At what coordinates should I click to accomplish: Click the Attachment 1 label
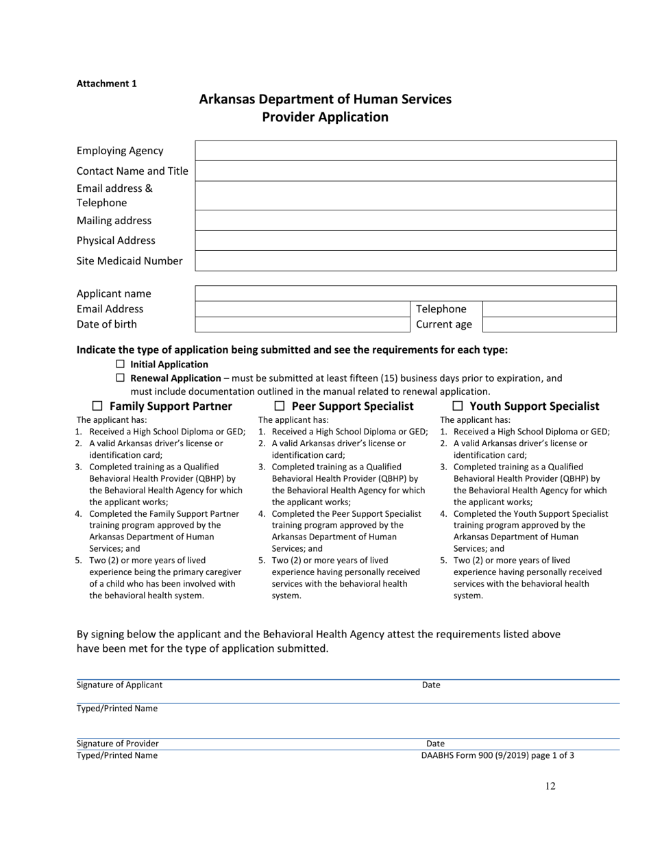pyautogui.click(x=106, y=84)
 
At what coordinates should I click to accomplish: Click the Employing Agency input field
pyautogui.click(x=406, y=151)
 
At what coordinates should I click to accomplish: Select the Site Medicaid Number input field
pyautogui.click(x=406, y=261)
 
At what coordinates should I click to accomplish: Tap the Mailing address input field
pyautogui.click(x=406, y=221)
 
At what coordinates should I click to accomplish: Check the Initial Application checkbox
pyautogui.click(x=121, y=364)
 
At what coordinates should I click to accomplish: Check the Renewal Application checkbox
pyautogui.click(x=121, y=378)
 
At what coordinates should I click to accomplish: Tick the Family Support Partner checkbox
pyautogui.click(x=97, y=406)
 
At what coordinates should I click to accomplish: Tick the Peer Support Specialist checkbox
pyautogui.click(x=279, y=406)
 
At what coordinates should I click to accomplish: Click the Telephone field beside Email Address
pyautogui.click(x=550, y=309)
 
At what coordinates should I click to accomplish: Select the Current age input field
pyautogui.click(x=550, y=324)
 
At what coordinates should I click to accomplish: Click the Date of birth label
pyautogui.click(x=106, y=324)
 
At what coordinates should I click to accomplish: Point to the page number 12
pyautogui.click(x=550, y=786)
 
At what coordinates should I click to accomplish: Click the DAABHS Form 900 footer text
pyautogui.click(x=498, y=755)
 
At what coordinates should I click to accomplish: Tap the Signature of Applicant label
pyautogui.click(x=119, y=685)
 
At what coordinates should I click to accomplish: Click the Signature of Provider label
pyautogui.click(x=117, y=743)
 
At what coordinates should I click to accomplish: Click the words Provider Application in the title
pyautogui.click(x=325, y=117)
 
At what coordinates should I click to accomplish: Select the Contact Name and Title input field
pyautogui.click(x=406, y=171)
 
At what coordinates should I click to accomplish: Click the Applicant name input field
pyautogui.click(x=406, y=293)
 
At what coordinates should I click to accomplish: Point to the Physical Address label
pyautogui.click(x=116, y=241)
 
